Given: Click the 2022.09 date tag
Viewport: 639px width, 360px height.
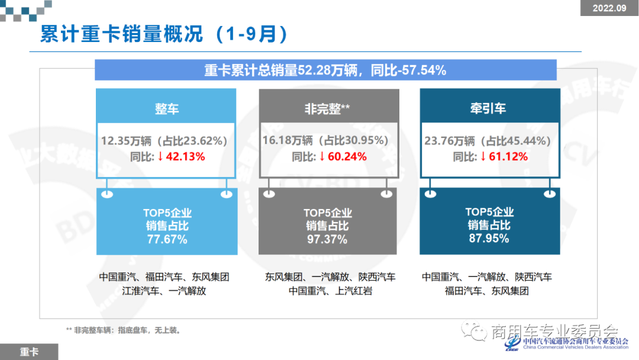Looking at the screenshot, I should pyautogui.click(x=609, y=8).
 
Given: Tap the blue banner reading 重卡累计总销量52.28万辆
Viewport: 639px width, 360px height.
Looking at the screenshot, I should pyautogui.click(x=325, y=70).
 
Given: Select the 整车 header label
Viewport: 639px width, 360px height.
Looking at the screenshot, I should pyautogui.click(x=167, y=109).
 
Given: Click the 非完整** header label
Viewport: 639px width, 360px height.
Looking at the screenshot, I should pyautogui.click(x=328, y=109).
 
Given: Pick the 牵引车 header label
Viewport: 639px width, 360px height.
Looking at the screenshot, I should pyautogui.click(x=488, y=109).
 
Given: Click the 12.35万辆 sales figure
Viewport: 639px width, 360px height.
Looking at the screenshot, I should pyautogui.click(x=125, y=141).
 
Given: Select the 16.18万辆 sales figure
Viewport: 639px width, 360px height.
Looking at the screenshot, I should pyautogui.click(x=287, y=141).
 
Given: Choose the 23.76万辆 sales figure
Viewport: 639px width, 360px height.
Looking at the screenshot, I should pyautogui.click(x=449, y=141).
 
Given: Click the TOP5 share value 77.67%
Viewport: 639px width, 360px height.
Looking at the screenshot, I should pyautogui.click(x=167, y=239).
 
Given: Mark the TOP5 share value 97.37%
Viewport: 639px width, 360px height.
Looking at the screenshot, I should pyautogui.click(x=327, y=239).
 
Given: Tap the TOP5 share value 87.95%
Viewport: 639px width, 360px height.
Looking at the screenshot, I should pyautogui.click(x=489, y=239).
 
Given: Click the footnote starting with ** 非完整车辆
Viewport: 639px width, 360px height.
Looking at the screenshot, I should pyautogui.click(x=124, y=330).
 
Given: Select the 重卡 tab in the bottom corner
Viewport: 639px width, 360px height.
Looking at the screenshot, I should pyautogui.click(x=29, y=352).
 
